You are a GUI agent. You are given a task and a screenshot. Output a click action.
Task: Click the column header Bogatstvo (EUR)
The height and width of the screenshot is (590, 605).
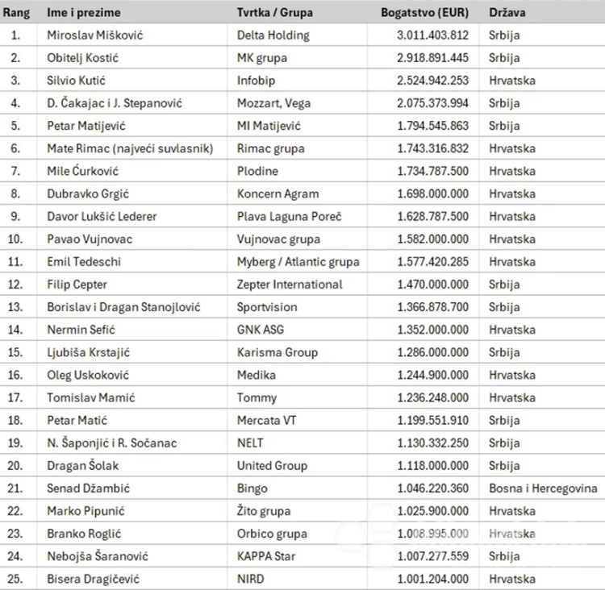pos(426,13)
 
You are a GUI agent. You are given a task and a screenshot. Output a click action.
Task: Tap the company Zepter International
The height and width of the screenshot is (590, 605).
pos(290,285)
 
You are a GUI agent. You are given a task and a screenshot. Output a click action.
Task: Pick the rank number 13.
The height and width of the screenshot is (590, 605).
pos(15,307)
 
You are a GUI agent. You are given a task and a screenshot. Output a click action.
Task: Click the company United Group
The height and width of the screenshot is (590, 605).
pos(272,465)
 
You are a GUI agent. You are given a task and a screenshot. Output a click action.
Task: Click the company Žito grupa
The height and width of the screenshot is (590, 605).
pos(264,511)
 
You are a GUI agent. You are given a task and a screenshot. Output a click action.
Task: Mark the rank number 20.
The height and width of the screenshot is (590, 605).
pos(15,465)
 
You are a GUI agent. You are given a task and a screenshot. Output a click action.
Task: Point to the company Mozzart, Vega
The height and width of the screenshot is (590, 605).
pos(273,103)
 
